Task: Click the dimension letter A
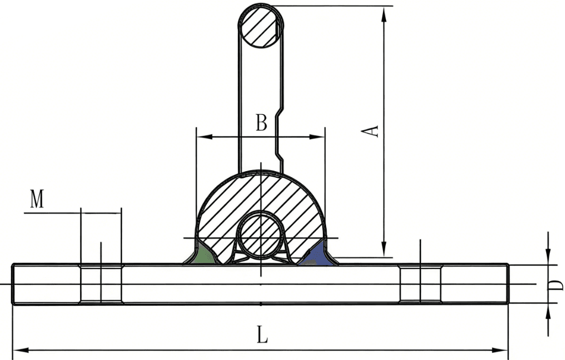tap(374, 131)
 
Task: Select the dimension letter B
tap(261, 123)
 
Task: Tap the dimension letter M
tap(36, 199)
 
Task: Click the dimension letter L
tap(263, 335)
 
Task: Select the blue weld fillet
tap(317, 256)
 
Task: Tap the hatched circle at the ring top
tap(261, 26)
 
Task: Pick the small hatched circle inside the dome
tap(261, 235)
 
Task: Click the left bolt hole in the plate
tap(101, 284)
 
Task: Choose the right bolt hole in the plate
tap(420, 284)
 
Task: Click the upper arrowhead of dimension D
tap(548, 258)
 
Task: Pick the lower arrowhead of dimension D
tap(548, 310)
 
